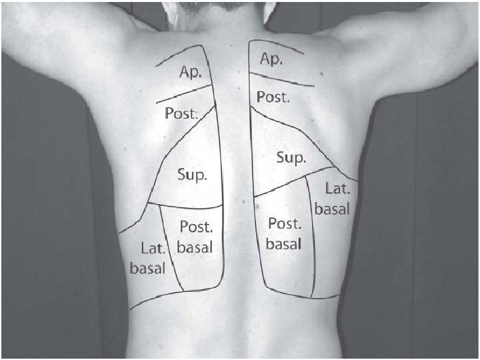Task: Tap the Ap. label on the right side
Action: click(x=271, y=59)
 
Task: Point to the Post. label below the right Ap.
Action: click(x=273, y=97)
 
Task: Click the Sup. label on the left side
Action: click(x=192, y=175)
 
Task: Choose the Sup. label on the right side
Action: click(x=291, y=159)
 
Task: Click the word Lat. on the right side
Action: click(x=337, y=189)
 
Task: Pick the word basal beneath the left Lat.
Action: click(x=147, y=270)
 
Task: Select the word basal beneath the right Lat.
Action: click(x=332, y=209)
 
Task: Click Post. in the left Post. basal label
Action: click(x=196, y=227)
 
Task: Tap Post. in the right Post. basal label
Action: click(x=285, y=224)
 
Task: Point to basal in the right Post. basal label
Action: click(x=284, y=243)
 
